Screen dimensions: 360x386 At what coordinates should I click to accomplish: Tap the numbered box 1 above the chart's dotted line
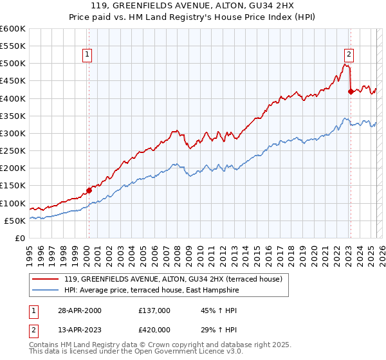[86, 55]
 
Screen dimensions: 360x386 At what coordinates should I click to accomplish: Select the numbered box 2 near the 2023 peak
[348, 55]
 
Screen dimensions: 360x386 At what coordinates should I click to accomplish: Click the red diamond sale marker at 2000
[89, 190]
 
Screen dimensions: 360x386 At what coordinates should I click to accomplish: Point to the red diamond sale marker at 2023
[350, 91]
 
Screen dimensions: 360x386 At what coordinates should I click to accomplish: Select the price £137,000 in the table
[154, 310]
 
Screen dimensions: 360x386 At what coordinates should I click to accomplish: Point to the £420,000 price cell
[154, 330]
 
